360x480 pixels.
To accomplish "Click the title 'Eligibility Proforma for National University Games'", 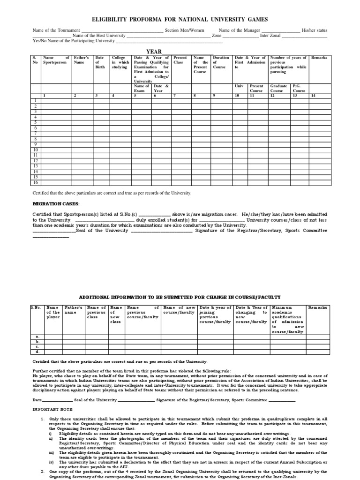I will (x=180, y=20).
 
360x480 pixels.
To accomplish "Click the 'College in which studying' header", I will (x=120, y=62).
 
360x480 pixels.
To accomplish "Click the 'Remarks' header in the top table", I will (x=319, y=57).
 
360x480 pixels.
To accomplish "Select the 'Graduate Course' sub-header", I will (x=279, y=88).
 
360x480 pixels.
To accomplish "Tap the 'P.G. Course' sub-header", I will (x=299, y=88).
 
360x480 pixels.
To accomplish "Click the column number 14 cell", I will (x=313, y=95).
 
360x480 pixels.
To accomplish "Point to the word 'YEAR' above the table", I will (x=154, y=52).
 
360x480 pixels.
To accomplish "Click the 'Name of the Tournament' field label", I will (x=56, y=30).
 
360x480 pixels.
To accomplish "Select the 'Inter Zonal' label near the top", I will (x=271, y=36).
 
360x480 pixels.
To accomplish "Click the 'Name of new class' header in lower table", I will (x=115, y=314).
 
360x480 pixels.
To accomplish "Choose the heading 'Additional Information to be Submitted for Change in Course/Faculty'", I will (x=180, y=298).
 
